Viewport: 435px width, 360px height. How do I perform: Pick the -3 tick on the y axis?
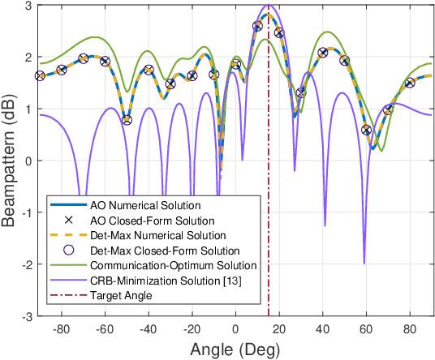click(24, 315)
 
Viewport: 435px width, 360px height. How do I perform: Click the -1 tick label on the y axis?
click(24, 212)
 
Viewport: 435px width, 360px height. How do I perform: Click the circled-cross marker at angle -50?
click(127, 120)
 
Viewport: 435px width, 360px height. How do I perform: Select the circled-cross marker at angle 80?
click(410, 83)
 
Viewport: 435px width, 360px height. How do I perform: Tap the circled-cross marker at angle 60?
click(366, 130)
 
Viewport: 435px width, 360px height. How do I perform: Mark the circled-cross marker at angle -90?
click(40, 75)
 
